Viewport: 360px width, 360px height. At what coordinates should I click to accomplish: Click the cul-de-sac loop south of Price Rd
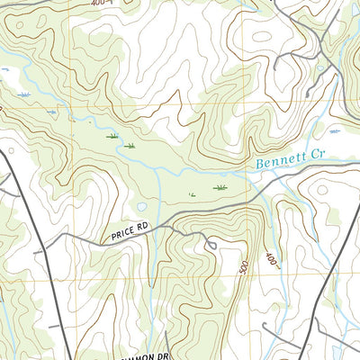tap(210, 245)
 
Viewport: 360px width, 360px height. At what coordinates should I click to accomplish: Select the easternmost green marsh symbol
tap(220, 187)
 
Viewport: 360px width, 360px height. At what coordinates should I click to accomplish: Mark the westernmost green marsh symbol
tap(112, 135)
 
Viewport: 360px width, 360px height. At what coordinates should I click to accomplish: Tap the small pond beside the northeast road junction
tap(320, 67)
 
